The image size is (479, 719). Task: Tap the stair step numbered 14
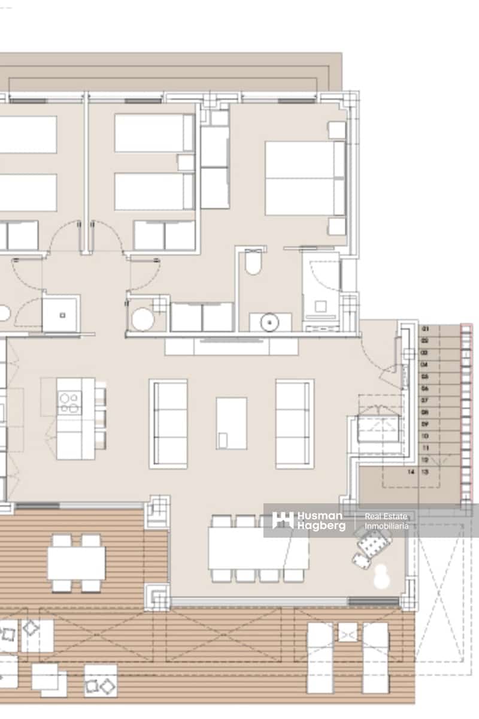[411, 472]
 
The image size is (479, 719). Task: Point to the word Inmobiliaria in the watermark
[386, 525]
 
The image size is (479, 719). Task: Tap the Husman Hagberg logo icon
[283, 520]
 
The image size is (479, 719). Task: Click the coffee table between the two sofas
[231, 423]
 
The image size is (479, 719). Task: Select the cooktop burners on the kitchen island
[69, 403]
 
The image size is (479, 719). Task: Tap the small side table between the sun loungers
[347, 632]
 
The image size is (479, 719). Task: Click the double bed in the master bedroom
[304, 178]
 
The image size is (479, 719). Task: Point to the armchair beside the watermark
[371, 545]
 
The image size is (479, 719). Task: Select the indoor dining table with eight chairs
[257, 548]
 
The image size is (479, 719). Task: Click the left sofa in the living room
[168, 424]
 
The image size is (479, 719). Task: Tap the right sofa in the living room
[295, 424]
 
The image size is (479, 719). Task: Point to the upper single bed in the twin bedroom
[154, 133]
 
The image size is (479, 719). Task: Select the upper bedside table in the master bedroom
[337, 130]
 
